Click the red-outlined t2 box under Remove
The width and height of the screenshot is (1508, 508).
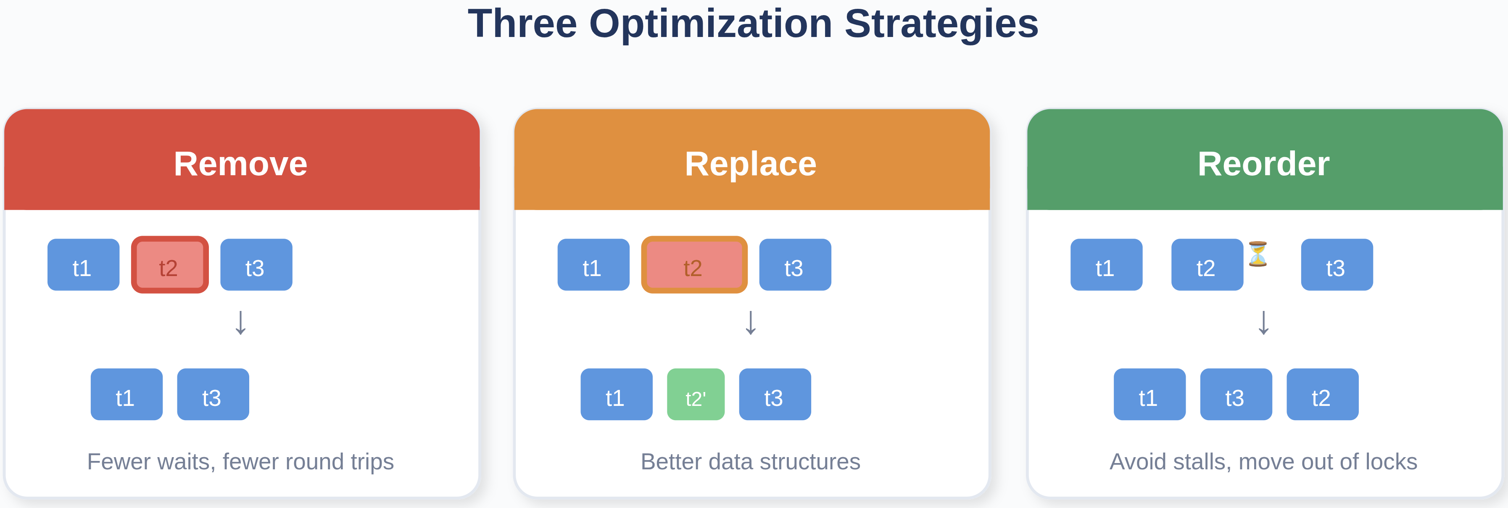[170, 265]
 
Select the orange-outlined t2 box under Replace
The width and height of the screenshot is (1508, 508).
[694, 265]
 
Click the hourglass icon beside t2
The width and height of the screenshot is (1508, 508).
[1258, 254]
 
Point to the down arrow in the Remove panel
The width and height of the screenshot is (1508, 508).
[240, 322]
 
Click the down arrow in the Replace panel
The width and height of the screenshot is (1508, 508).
[751, 322]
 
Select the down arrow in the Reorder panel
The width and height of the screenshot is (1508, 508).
[1263, 322]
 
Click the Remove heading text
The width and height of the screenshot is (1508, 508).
[240, 163]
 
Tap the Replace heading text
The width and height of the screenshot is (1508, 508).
[751, 163]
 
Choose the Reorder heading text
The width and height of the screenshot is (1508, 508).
[1263, 163]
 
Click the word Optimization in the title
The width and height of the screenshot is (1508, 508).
[711, 24]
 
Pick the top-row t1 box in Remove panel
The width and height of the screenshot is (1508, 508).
[83, 265]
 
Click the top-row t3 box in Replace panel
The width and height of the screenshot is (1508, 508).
[795, 265]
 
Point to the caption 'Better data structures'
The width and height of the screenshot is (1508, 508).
[751, 462]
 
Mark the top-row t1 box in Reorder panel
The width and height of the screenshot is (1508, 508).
[1106, 265]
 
